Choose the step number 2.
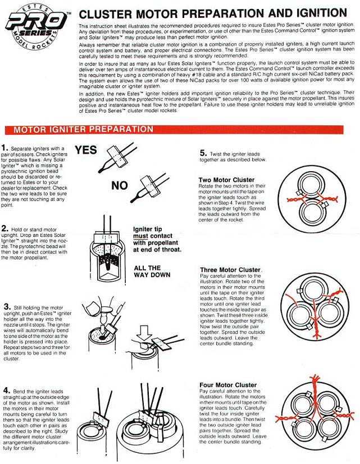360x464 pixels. pos(4,228)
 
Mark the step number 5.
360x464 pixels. pos(203,152)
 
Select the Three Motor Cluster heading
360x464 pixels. pos(231,270)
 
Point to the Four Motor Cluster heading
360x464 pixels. pos(228,385)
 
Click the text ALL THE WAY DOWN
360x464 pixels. pos(148,272)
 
